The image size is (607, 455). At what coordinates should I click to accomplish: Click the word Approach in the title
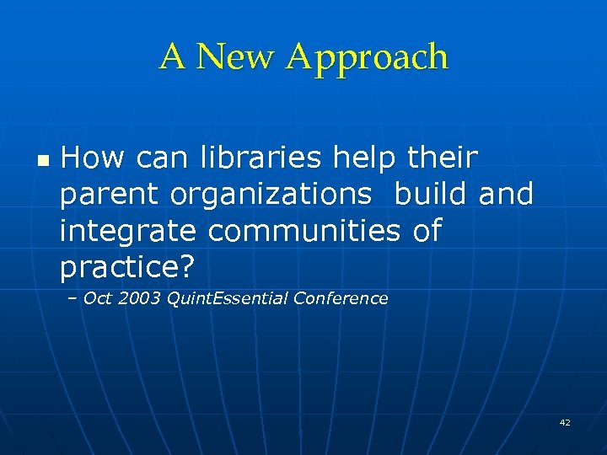pos(367,58)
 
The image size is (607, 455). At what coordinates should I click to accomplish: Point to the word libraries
pos(262,157)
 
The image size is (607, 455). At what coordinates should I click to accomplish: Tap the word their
pos(443,157)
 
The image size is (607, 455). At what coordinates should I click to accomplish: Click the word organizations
pos(271,195)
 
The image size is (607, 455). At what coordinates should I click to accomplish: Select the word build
pos(432,194)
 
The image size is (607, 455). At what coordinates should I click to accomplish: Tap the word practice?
pos(127,268)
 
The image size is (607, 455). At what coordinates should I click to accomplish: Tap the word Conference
pos(341,298)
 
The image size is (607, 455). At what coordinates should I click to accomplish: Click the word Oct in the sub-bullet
pos(98,298)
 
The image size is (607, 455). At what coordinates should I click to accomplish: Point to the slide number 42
pos(564,422)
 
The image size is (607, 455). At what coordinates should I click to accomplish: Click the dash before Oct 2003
pos(73,298)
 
